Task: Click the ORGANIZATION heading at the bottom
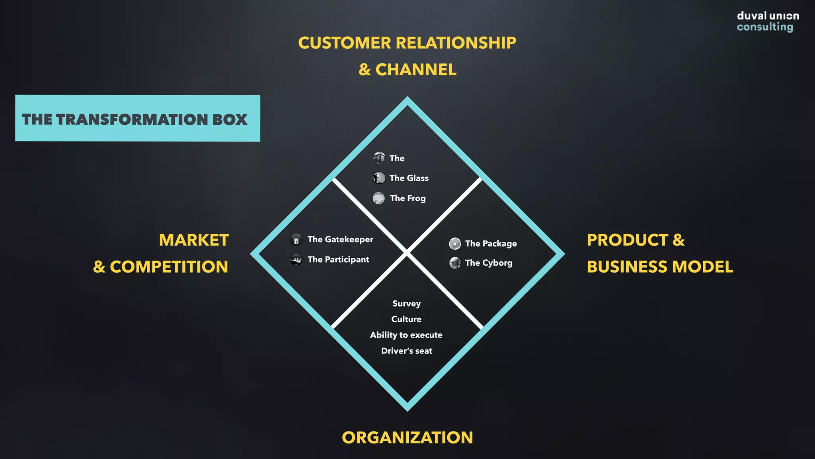click(407, 437)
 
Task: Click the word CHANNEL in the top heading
click(416, 70)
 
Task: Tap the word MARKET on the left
click(194, 240)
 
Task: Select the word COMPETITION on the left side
click(169, 267)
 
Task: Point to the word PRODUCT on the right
click(627, 240)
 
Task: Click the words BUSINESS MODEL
click(659, 267)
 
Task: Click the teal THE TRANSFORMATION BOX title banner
click(137, 118)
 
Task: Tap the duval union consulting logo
click(767, 21)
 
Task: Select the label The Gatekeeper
click(340, 239)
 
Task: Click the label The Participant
click(338, 259)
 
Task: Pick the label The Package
click(491, 243)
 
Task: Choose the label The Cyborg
click(489, 263)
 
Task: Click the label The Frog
click(407, 198)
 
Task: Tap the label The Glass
click(409, 178)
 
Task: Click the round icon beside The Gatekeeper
click(296, 239)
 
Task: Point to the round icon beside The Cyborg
click(455, 263)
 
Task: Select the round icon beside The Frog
click(378, 198)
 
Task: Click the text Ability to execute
click(406, 335)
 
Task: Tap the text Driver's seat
click(406, 351)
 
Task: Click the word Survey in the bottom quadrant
click(406, 304)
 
